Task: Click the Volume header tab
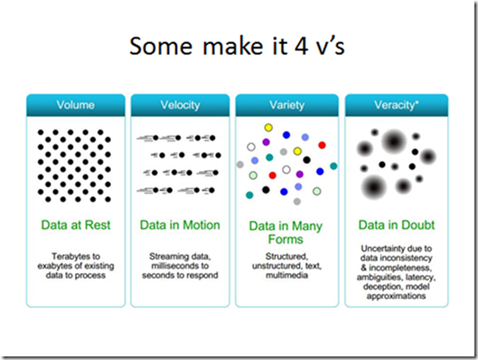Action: tap(75, 106)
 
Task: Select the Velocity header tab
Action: tap(180, 106)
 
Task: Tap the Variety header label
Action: tap(286, 106)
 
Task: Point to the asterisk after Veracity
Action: tap(417, 102)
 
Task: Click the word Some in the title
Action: tap(160, 46)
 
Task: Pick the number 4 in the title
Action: tap(301, 46)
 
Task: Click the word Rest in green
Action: tap(98, 225)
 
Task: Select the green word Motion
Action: tap(201, 225)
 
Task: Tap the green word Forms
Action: tap(286, 239)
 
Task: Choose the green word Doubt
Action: tap(417, 225)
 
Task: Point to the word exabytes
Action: tap(56, 266)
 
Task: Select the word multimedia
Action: tap(286, 275)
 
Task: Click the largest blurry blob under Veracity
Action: tap(394, 141)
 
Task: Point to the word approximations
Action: tap(397, 296)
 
